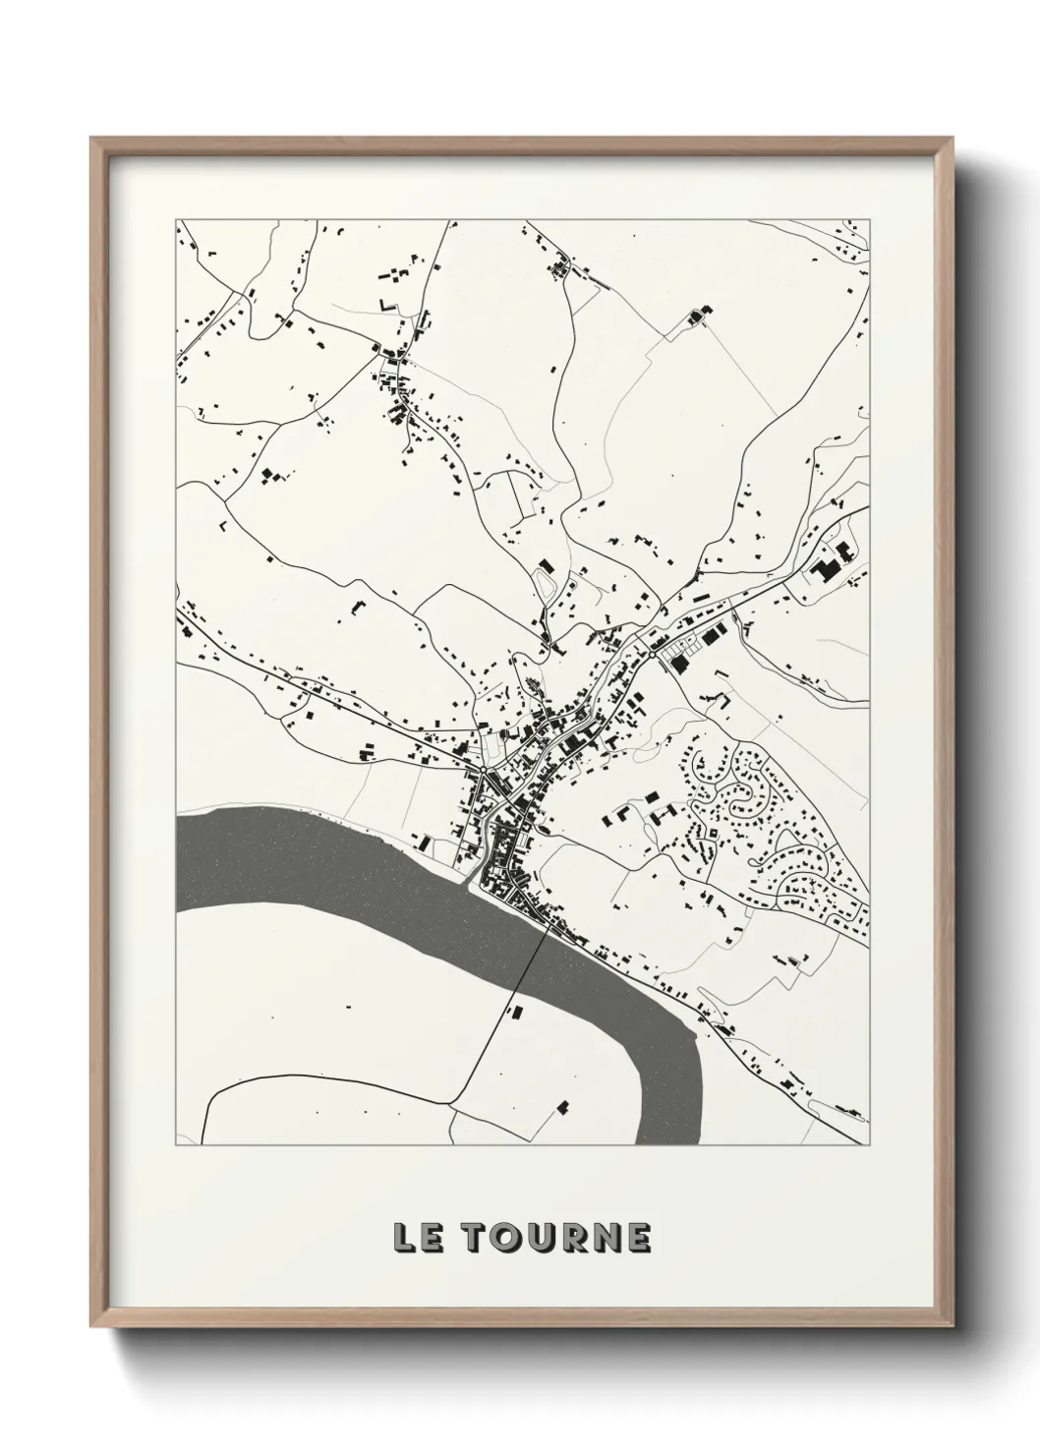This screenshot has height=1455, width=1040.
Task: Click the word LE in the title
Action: [x=417, y=1239]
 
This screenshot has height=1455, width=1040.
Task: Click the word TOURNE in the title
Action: [x=556, y=1239]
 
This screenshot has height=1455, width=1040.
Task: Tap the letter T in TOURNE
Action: [x=476, y=1239]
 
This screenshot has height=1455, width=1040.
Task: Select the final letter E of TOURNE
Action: [x=637, y=1239]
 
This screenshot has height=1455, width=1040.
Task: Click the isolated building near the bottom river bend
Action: [x=563, y=1107]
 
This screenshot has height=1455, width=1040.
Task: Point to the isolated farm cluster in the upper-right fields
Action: [x=701, y=317]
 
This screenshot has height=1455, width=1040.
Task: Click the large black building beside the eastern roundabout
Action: [x=678, y=666]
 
